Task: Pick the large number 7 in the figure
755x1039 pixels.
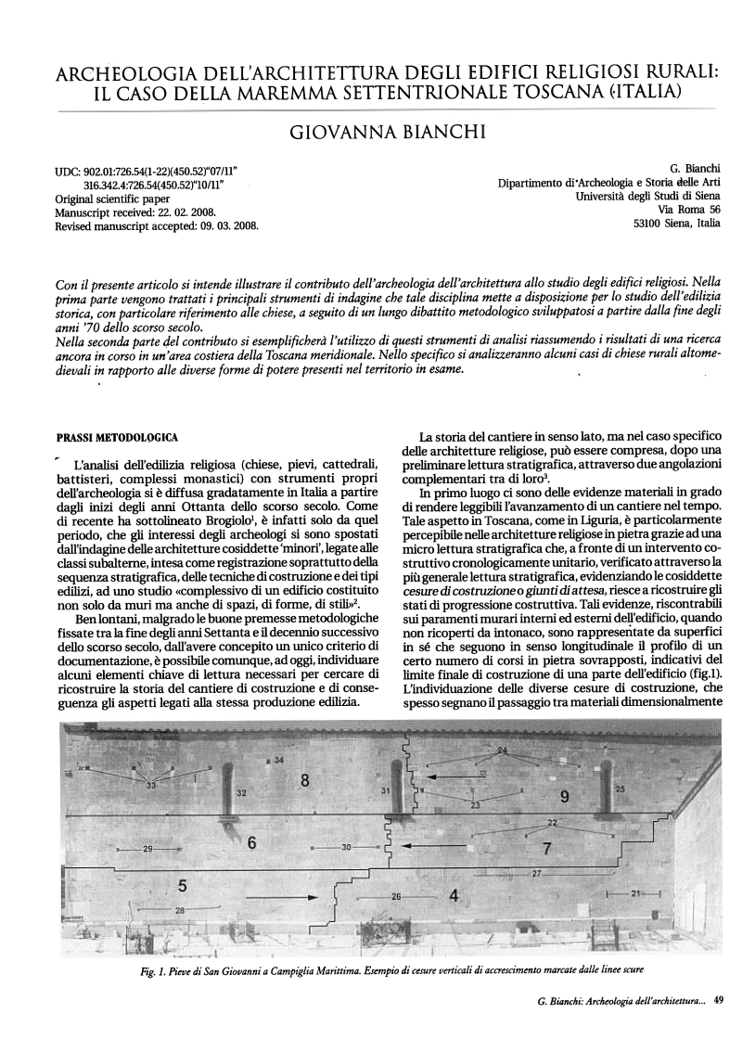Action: point(546,848)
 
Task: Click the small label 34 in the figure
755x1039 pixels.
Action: point(278,761)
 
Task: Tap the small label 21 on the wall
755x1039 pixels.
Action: point(635,892)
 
